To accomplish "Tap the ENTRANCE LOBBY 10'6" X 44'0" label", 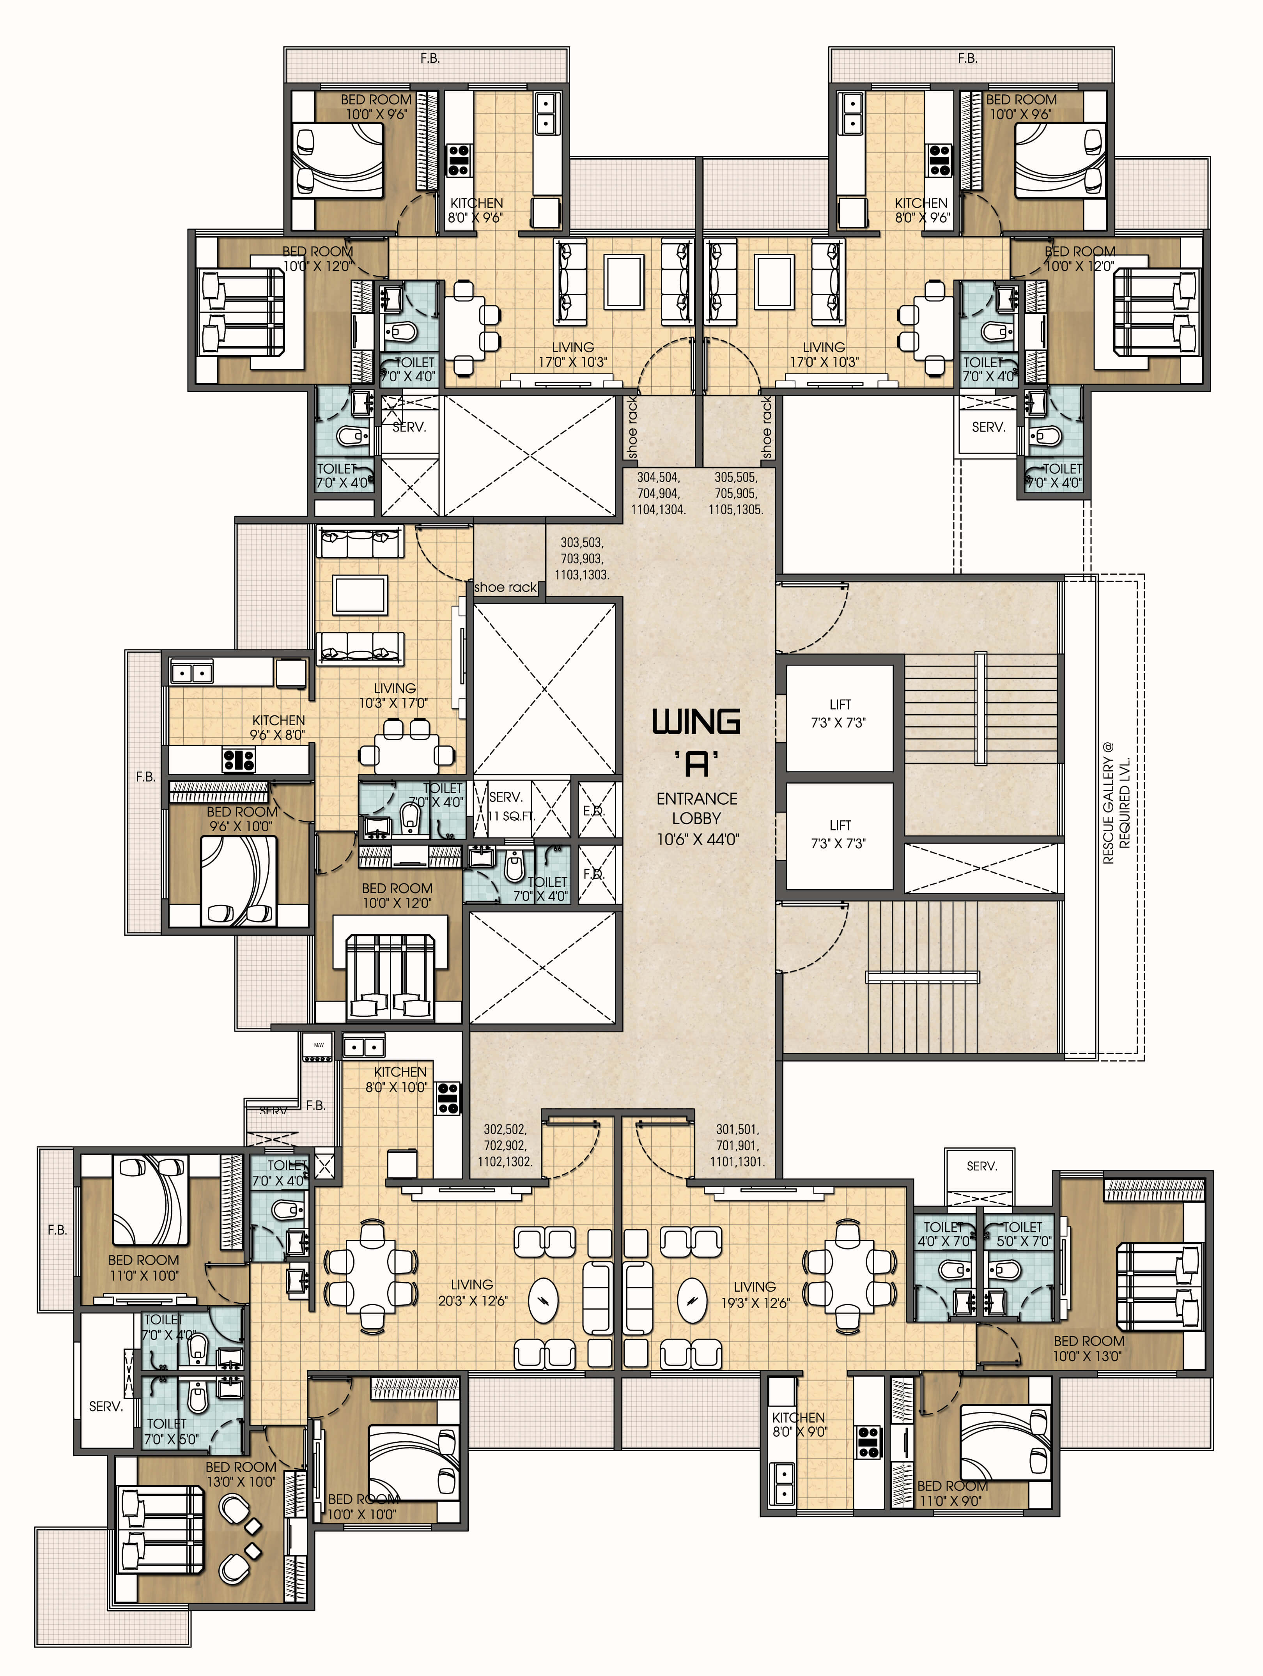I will tap(696, 818).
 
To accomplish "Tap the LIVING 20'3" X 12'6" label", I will tap(472, 1292).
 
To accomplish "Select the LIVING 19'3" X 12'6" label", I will tap(755, 1294).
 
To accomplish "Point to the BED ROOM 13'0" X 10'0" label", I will tap(240, 1474).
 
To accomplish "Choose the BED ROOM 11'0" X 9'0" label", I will tap(951, 1493).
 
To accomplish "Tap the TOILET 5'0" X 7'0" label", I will tap(1023, 1234).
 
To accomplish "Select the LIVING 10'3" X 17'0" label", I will tap(394, 695).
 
